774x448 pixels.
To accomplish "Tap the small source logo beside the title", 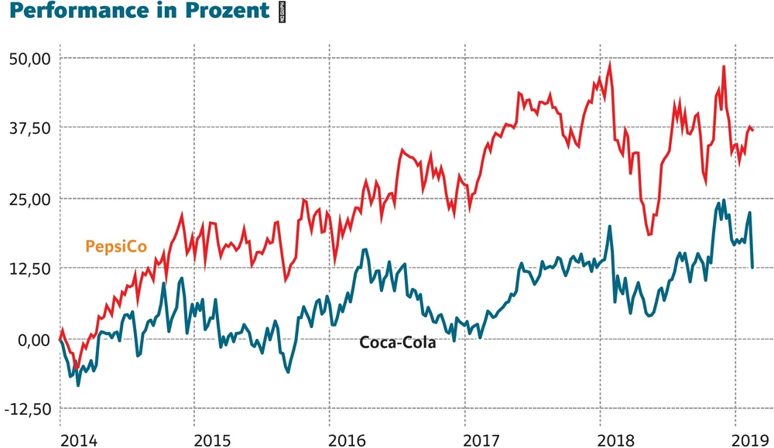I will [x=283, y=12].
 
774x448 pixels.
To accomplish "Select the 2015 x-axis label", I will [x=213, y=439].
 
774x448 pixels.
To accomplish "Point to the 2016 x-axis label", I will [x=348, y=439].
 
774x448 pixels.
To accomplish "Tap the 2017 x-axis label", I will [x=484, y=439].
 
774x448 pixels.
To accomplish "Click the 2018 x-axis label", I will [x=619, y=439].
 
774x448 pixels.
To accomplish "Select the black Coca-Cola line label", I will [x=398, y=343].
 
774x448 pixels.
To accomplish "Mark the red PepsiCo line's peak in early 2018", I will [x=610, y=64].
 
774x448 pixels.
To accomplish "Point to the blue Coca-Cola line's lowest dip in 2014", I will [x=77, y=384].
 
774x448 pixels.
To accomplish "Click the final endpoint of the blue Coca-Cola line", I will [x=753, y=268].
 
